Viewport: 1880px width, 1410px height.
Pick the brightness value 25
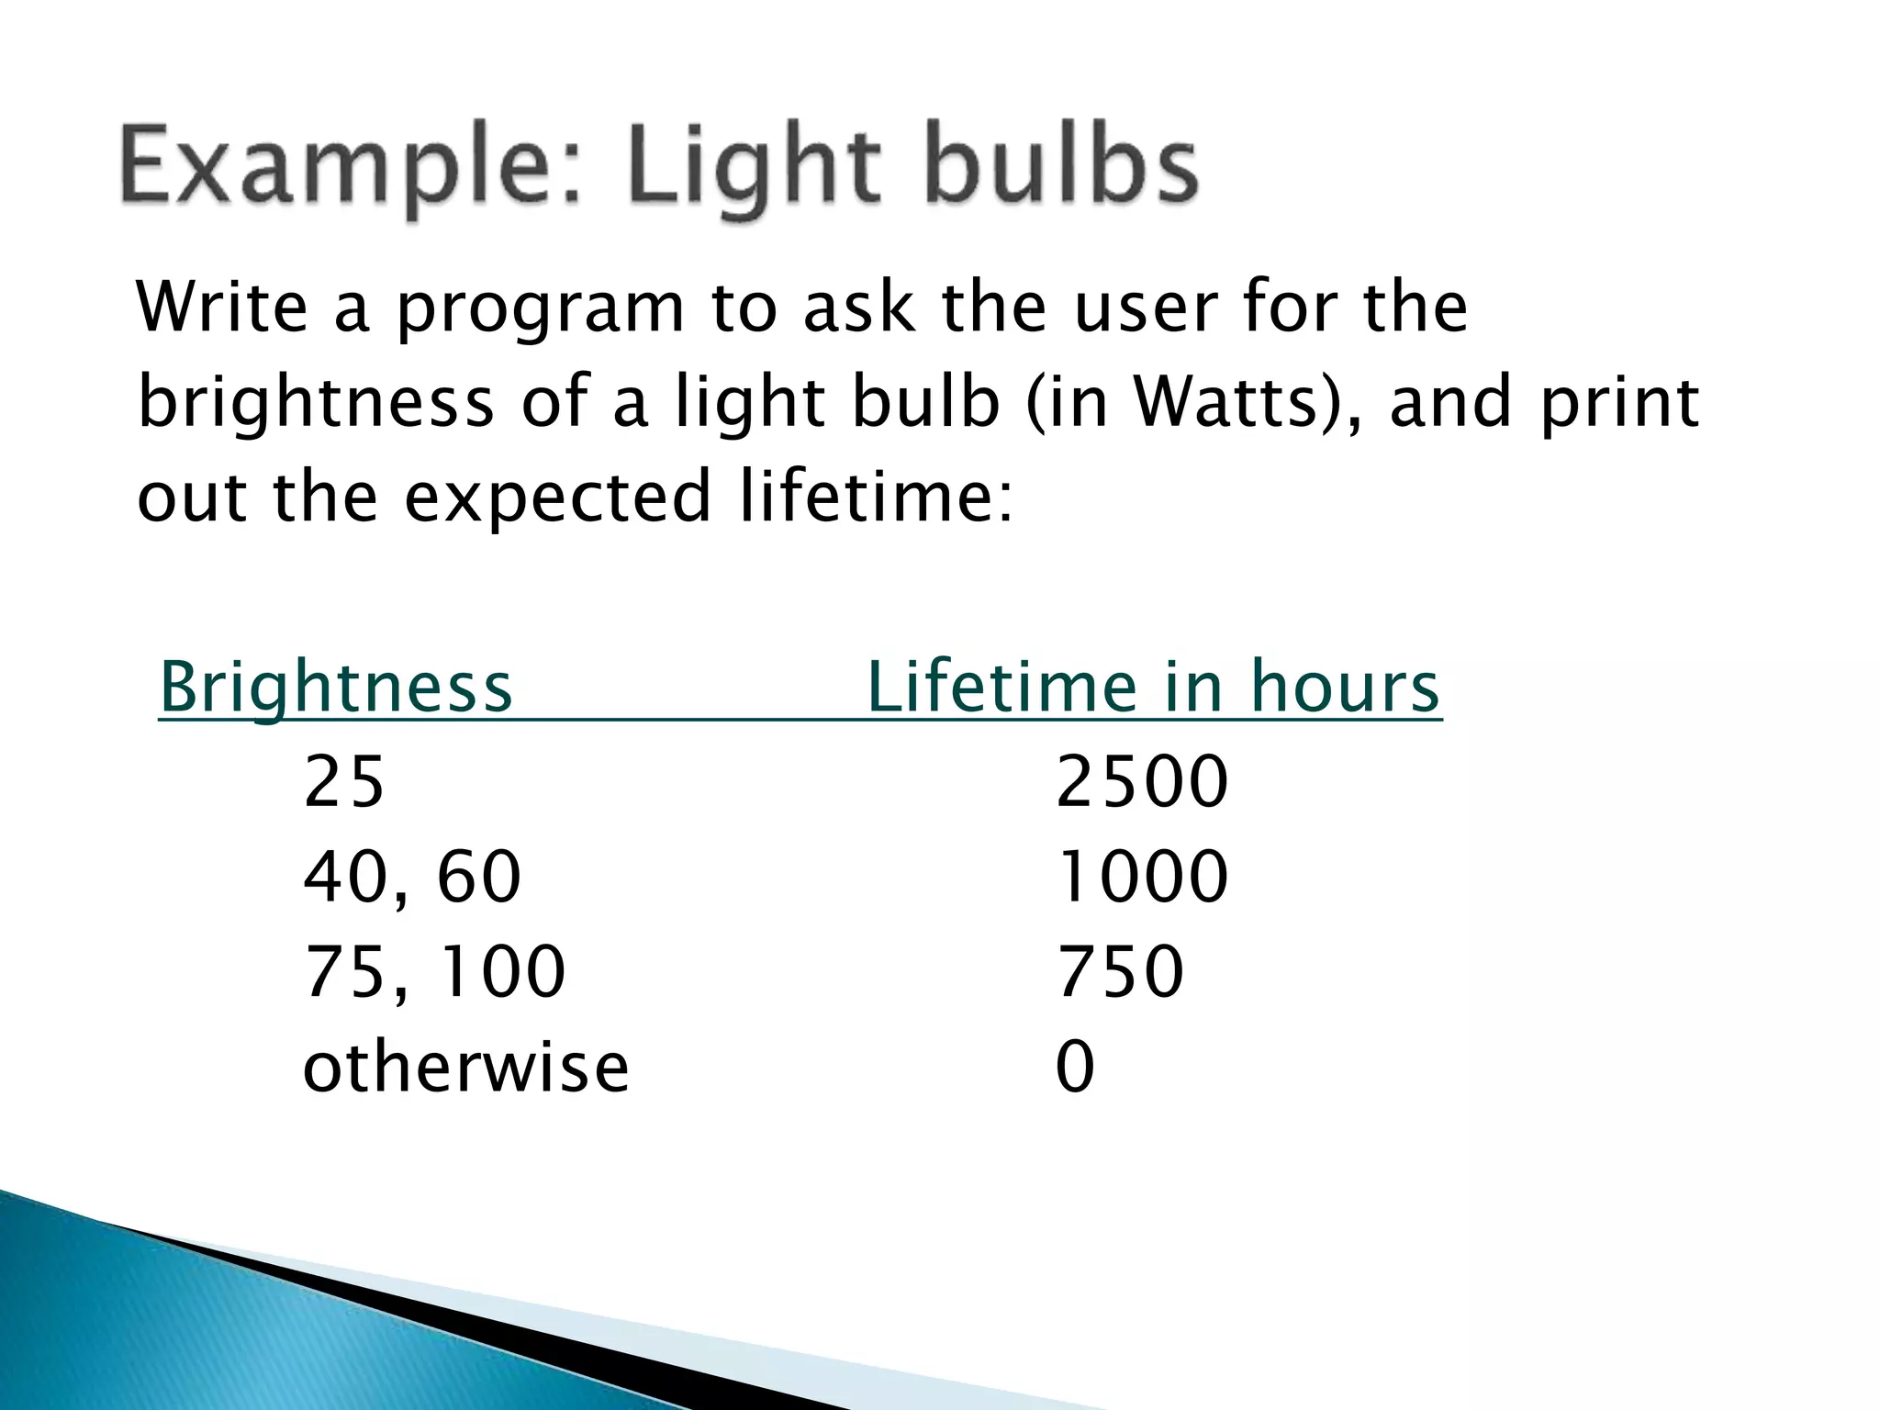pos(343,782)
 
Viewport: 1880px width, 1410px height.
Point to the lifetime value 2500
pos(1142,782)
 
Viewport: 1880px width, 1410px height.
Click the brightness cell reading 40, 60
pos(412,877)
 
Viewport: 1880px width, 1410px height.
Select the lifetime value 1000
pos(1142,877)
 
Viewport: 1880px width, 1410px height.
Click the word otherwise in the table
pos(465,1067)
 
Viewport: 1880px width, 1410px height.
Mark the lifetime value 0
pos(1075,1067)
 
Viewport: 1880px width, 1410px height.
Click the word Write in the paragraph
pos(222,308)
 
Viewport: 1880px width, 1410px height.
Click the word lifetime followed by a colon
pos(876,496)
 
